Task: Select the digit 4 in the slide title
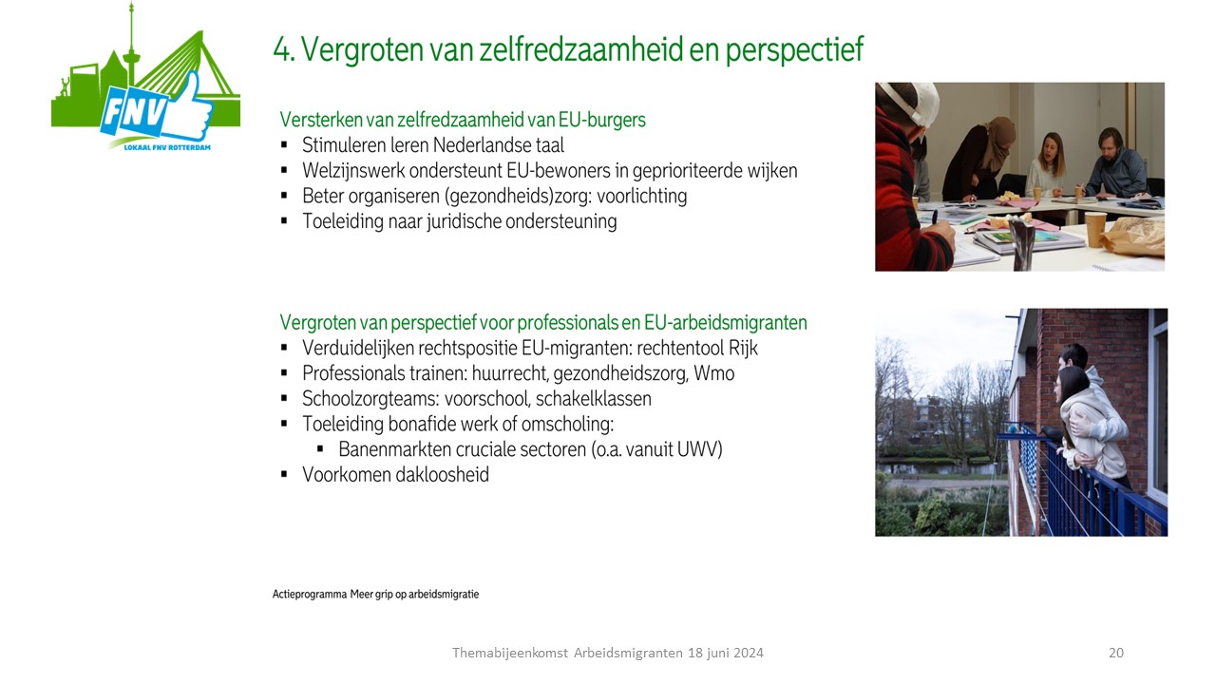(282, 49)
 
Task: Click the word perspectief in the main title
(794, 50)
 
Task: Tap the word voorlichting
(641, 197)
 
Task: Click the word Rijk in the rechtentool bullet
(743, 348)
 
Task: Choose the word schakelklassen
(594, 399)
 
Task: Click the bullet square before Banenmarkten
(320, 449)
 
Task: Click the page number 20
(1116, 653)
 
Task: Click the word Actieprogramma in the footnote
(310, 595)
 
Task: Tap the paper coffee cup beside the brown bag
(1096, 229)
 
